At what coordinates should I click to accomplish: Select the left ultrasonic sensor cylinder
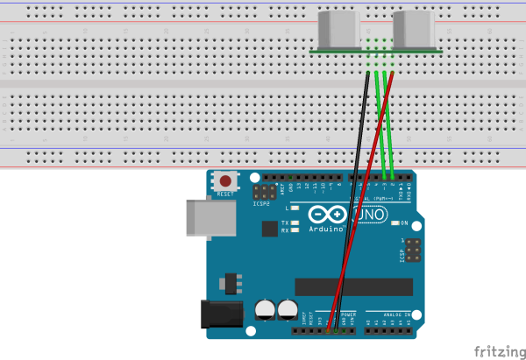point(336,30)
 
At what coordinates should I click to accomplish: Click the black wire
point(352,201)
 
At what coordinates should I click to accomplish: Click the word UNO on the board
point(369,215)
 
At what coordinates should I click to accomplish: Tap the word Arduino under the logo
point(326,229)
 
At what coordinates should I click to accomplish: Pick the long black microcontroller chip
point(353,286)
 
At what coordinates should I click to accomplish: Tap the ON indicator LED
point(394,222)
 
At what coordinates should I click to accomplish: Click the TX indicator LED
point(295,223)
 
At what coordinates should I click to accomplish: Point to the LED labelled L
point(295,208)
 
